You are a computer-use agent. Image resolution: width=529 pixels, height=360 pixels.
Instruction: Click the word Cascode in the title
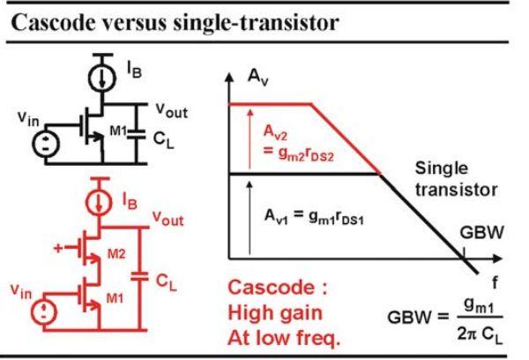[x=54, y=23]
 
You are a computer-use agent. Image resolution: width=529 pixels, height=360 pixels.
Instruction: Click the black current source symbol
[x=102, y=78]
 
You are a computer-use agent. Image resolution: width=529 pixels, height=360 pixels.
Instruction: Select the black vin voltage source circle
[x=46, y=144]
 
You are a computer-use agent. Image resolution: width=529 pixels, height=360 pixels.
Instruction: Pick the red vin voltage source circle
[x=44, y=311]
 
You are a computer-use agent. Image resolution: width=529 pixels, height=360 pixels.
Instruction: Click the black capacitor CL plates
[x=137, y=134]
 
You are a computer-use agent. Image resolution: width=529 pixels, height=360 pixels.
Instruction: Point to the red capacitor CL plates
[x=139, y=276]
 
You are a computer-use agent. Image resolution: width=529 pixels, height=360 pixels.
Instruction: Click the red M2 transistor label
[x=116, y=253]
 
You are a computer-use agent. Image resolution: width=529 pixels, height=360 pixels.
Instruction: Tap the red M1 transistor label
[x=115, y=298]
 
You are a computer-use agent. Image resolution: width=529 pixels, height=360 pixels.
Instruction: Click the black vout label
[x=171, y=110]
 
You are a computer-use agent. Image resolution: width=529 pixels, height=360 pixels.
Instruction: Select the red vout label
[x=168, y=218]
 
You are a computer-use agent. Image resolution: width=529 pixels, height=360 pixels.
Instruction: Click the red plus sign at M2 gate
[x=58, y=248]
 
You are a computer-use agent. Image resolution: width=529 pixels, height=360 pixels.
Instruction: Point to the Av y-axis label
[x=257, y=78]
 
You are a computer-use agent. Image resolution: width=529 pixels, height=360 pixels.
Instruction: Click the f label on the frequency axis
[x=495, y=282]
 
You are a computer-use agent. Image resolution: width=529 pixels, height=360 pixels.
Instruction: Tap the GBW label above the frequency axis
[x=481, y=232]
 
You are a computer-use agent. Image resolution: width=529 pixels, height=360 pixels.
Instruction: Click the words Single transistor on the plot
[x=456, y=179]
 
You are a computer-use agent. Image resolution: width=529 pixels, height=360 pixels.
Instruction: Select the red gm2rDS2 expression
[x=299, y=154]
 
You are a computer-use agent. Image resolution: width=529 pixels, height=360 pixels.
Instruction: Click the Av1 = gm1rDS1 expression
[x=314, y=217]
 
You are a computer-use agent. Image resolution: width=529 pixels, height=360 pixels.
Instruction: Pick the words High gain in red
[x=275, y=313]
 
